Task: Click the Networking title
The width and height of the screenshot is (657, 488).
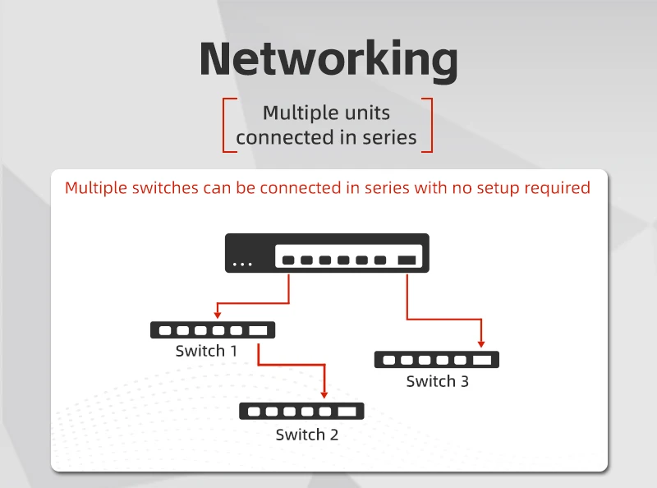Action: click(328, 59)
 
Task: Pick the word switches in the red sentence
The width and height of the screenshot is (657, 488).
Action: click(163, 188)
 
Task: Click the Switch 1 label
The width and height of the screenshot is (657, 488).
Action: click(206, 351)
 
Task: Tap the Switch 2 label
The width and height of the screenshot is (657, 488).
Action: click(306, 435)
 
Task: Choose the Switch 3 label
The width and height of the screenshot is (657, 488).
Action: click(437, 381)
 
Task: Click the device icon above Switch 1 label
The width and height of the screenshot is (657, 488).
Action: click(213, 330)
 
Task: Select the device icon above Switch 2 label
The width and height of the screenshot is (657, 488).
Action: click(301, 412)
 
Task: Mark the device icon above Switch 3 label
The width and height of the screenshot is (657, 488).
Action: click(436, 360)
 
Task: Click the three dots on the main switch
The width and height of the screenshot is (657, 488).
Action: click(242, 264)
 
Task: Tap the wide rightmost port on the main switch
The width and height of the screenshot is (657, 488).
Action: click(407, 260)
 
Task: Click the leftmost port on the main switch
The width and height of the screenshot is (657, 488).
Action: click(288, 260)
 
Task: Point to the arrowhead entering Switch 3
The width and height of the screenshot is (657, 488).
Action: click(482, 343)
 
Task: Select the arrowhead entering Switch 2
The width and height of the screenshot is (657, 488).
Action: click(324, 395)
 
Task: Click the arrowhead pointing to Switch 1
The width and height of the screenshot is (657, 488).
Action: click(217, 313)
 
